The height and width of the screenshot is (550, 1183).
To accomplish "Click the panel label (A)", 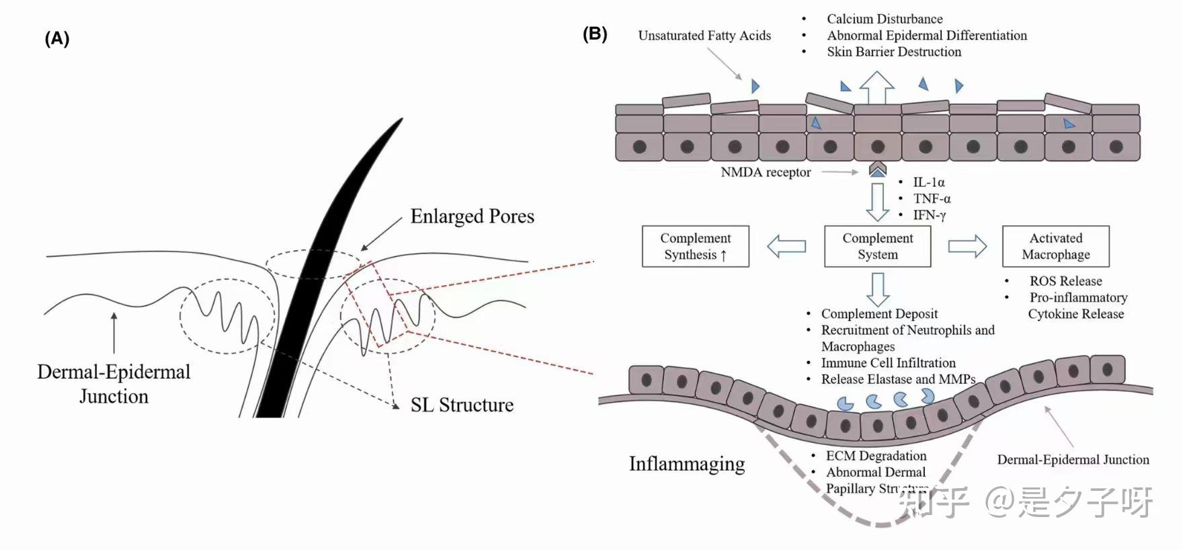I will (x=57, y=39).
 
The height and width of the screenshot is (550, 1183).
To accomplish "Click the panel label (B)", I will (x=595, y=34).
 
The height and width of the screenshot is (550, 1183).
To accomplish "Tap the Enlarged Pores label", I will (x=472, y=217).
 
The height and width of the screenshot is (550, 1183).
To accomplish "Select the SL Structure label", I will (x=462, y=405).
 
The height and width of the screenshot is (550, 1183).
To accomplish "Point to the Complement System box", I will (x=877, y=246).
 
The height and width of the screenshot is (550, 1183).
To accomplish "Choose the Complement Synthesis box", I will (x=695, y=246).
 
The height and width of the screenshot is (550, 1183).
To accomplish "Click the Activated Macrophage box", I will (x=1055, y=246).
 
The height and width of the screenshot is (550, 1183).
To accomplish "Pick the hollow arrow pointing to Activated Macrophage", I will (x=967, y=246).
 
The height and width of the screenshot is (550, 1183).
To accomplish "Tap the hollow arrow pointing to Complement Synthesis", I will (x=786, y=246).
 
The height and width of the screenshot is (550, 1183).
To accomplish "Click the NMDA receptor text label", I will (x=766, y=172).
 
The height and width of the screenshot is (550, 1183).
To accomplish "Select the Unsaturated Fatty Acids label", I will (x=704, y=36).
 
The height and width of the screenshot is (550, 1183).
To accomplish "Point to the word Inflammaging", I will (x=686, y=464).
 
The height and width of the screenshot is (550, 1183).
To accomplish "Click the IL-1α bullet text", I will (x=928, y=182).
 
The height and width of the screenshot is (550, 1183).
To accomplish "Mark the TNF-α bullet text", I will (x=932, y=198).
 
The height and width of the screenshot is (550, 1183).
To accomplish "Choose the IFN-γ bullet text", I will (x=929, y=215).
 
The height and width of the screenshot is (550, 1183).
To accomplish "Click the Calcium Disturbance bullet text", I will (x=885, y=19).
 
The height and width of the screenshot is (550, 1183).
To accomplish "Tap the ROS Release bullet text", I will (x=1065, y=281).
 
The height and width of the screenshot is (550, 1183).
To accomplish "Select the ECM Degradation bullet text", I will (x=876, y=456).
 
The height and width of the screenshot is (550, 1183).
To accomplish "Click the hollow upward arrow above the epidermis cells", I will (x=877, y=87).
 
